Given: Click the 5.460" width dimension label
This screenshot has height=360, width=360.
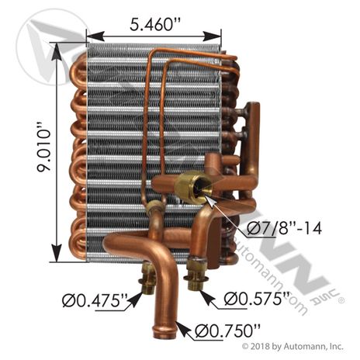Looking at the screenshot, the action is (154, 25).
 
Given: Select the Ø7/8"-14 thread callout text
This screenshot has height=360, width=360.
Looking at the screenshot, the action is (284, 229).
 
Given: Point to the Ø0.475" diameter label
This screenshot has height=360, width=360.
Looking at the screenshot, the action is (95, 301).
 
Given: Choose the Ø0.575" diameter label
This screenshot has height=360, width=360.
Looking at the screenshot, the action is (257, 299).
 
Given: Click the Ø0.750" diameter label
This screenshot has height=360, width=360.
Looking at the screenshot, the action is (227, 331).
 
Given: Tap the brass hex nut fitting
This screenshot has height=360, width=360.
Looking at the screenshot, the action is (193, 185).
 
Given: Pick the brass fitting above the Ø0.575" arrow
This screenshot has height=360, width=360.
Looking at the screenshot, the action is (195, 274).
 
